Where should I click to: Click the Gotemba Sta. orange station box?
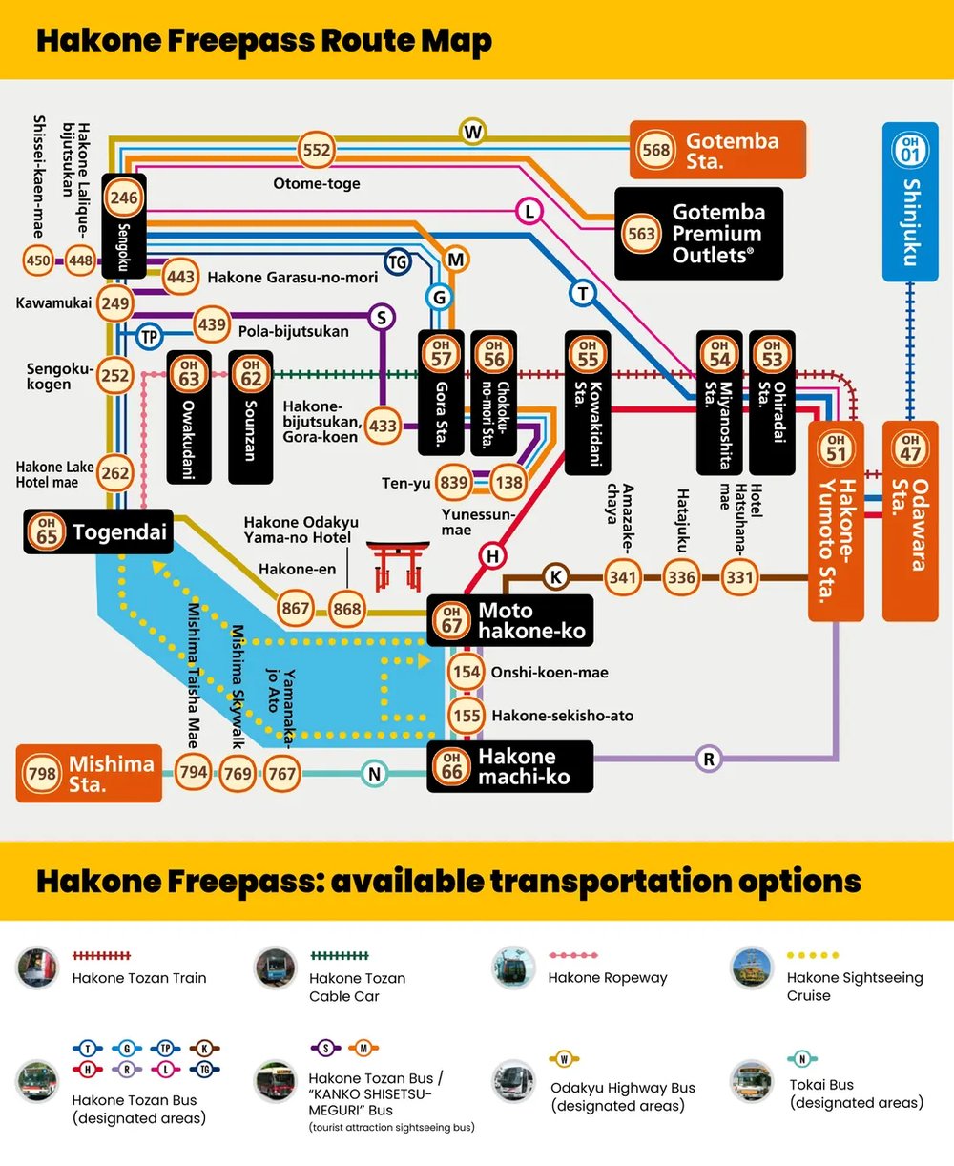click(717, 150)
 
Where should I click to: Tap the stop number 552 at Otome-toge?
click(316, 150)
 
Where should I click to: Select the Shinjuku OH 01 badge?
click(910, 150)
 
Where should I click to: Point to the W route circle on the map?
click(472, 132)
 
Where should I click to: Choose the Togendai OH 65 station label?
click(98, 532)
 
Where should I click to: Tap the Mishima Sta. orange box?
click(89, 774)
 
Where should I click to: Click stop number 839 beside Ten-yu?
click(453, 483)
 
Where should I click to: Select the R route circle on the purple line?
click(708, 760)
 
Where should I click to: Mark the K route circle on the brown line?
click(555, 576)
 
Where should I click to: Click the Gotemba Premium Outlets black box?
click(698, 234)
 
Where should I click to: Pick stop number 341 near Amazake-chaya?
click(622, 577)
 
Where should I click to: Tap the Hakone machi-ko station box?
click(509, 767)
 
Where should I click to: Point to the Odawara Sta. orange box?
click(910, 520)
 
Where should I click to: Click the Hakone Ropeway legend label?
click(608, 977)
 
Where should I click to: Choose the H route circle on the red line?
click(492, 556)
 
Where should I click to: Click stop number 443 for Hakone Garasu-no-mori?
click(180, 277)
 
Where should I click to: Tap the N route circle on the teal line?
click(374, 774)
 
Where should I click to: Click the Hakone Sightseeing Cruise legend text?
click(854, 986)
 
